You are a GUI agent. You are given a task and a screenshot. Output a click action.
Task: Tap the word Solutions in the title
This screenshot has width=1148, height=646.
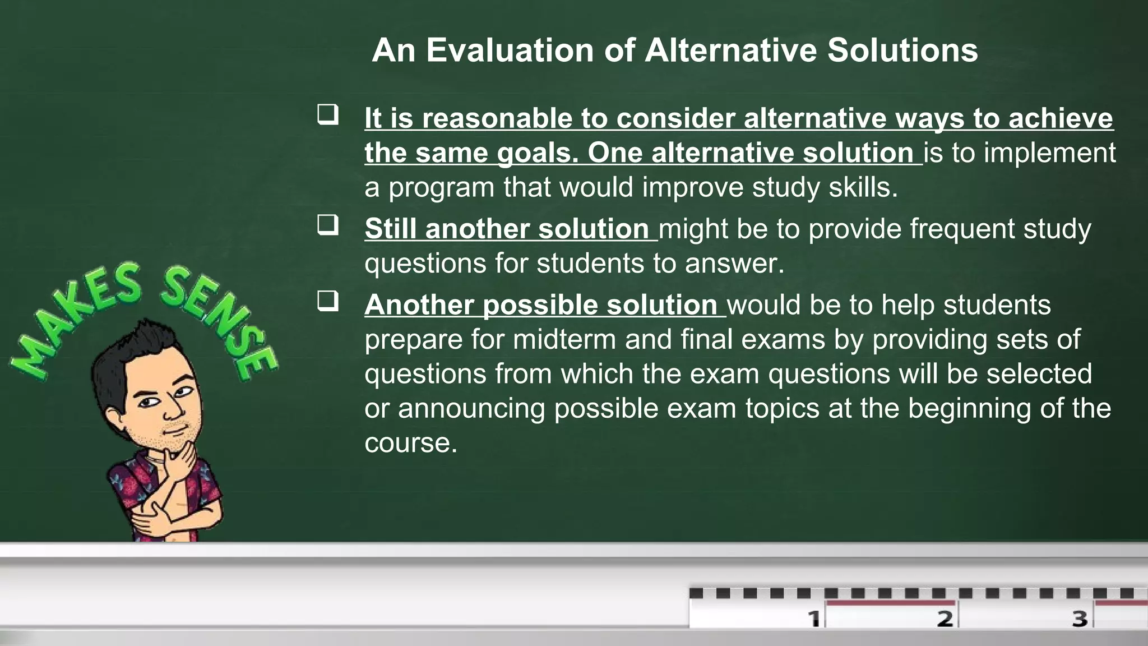(902, 50)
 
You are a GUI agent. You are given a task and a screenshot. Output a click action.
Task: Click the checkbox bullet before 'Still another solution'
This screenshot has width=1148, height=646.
(328, 225)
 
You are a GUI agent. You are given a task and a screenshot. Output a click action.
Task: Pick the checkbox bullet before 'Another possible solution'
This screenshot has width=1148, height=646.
(328, 301)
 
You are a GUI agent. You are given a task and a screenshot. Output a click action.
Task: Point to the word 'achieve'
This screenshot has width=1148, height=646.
(1061, 119)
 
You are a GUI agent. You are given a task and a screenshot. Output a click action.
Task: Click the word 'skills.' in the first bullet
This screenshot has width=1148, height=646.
(863, 187)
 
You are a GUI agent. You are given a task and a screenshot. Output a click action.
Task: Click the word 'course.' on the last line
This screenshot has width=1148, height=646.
(411, 443)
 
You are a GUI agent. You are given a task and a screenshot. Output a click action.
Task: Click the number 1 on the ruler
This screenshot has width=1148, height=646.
(814, 619)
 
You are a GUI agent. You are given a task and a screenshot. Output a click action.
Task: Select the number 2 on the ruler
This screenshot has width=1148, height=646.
(945, 619)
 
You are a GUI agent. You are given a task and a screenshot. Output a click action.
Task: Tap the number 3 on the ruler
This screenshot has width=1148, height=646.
(1080, 619)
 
